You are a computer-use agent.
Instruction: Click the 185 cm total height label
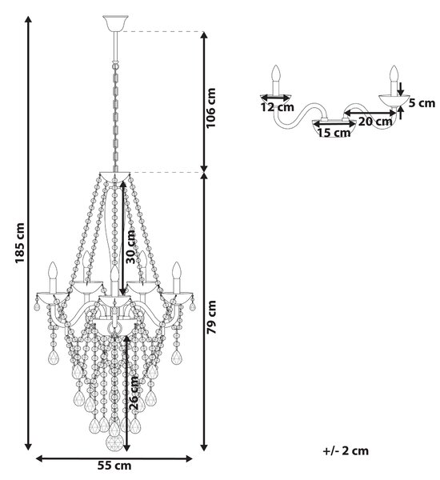tap(20, 242)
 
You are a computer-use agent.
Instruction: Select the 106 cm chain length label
tap(210, 108)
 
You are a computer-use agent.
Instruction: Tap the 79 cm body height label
tap(211, 317)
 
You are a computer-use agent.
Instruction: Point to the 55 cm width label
tap(114, 466)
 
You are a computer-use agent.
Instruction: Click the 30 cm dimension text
tap(130, 246)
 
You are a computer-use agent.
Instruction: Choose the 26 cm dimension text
tap(134, 394)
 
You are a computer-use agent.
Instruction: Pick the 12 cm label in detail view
tap(278, 107)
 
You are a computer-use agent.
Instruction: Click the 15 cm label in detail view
tap(334, 133)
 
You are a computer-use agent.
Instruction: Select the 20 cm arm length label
tap(375, 122)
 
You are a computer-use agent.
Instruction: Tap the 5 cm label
tap(422, 103)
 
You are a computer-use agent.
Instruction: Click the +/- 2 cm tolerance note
tap(346, 450)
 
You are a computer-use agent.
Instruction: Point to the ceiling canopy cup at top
tap(115, 23)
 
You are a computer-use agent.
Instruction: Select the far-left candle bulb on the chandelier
tap(53, 270)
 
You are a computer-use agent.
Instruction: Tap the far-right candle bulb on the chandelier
tap(177, 270)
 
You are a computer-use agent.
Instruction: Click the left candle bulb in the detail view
tap(277, 73)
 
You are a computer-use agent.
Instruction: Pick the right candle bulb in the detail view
tap(394, 74)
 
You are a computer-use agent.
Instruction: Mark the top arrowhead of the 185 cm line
tap(28, 19)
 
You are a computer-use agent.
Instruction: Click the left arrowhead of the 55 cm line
tap(39, 458)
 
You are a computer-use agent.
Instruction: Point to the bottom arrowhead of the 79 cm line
tap(204, 447)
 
